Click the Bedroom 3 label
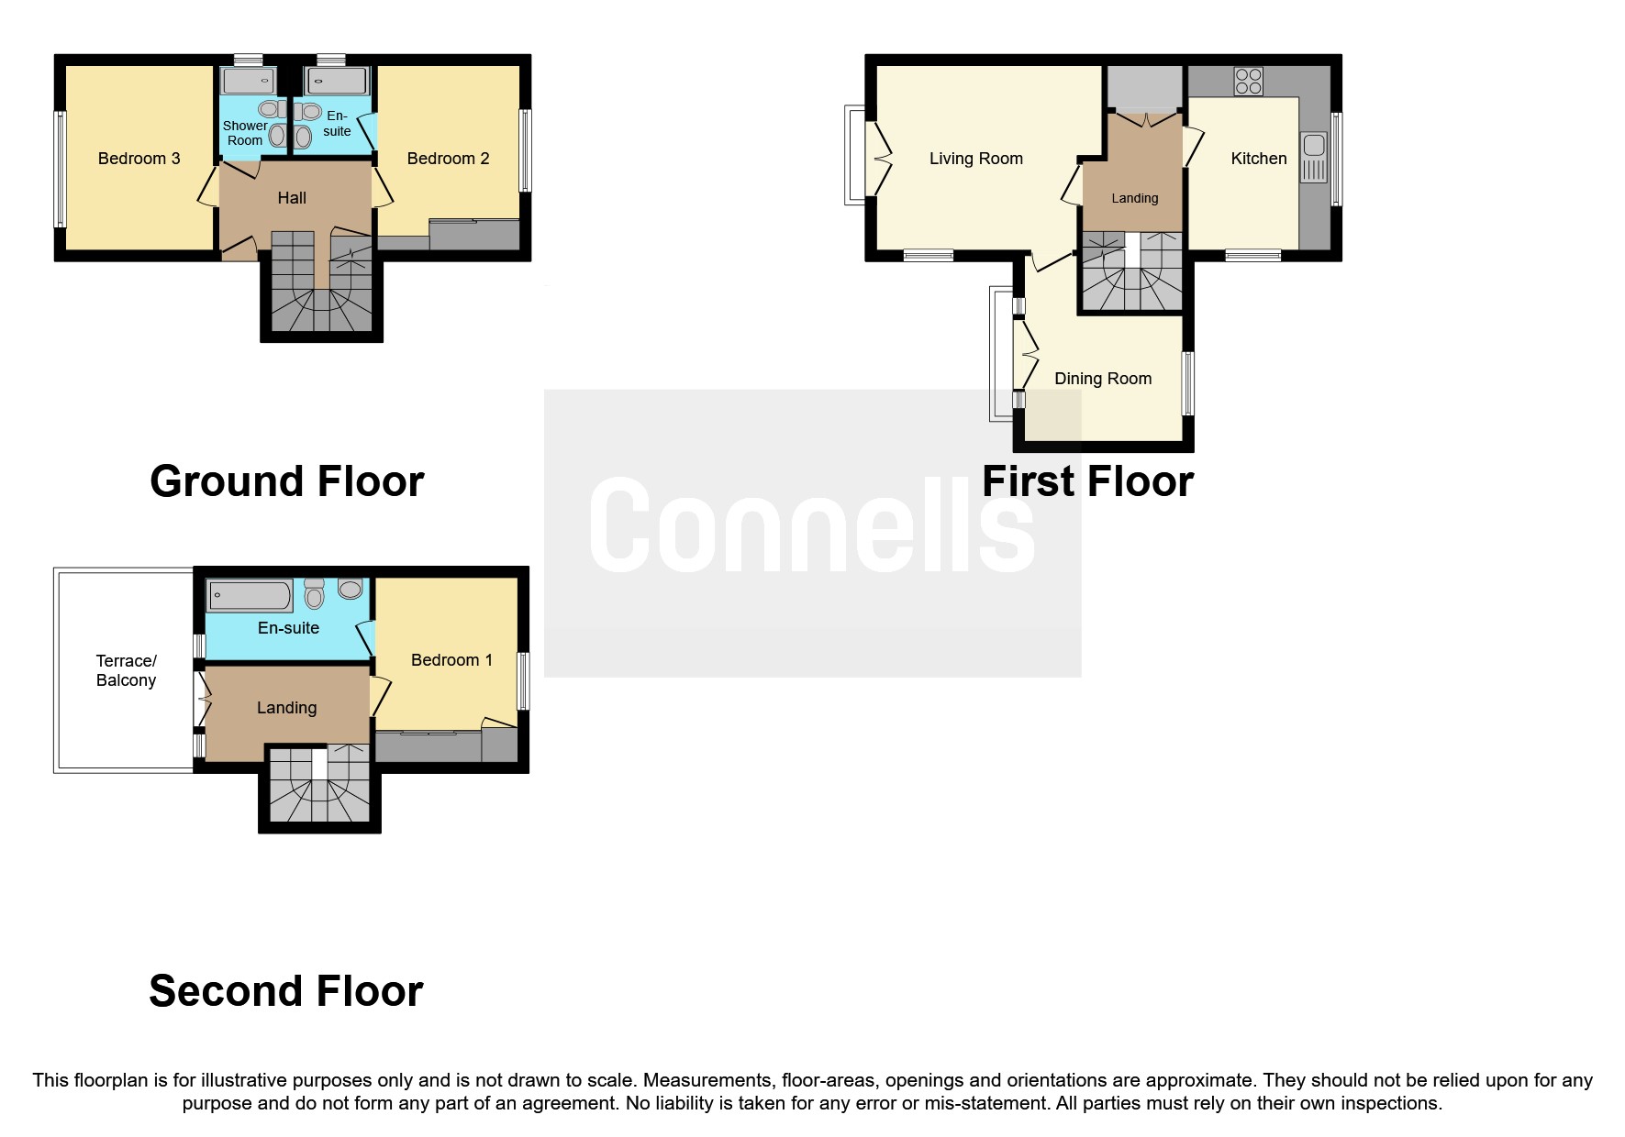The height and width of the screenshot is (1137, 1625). click(x=139, y=159)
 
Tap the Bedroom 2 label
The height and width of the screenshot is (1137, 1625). click(x=448, y=159)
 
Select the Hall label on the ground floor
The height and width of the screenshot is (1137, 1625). click(x=292, y=198)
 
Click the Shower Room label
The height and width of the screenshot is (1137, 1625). click(x=245, y=133)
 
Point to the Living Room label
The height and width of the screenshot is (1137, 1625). click(x=975, y=159)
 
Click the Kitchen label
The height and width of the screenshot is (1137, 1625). click(x=1258, y=159)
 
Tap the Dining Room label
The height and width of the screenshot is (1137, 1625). click(x=1102, y=379)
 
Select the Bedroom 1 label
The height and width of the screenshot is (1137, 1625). click(x=451, y=660)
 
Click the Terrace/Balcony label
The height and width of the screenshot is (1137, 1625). click(x=126, y=670)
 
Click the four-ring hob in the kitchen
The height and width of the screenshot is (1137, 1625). click(x=1248, y=82)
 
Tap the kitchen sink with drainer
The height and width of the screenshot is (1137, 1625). click(x=1313, y=157)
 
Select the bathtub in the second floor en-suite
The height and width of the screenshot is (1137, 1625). click(x=250, y=596)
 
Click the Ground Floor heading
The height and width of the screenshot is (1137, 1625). click(x=286, y=481)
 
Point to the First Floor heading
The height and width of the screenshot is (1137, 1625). click(x=1087, y=481)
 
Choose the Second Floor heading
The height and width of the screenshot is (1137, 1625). click(x=286, y=991)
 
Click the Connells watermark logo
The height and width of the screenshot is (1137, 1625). click(x=812, y=525)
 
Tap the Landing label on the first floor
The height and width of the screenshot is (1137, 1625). click(x=1134, y=198)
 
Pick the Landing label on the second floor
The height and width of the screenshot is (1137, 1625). click(x=286, y=708)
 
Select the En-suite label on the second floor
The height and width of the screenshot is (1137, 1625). click(x=288, y=628)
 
